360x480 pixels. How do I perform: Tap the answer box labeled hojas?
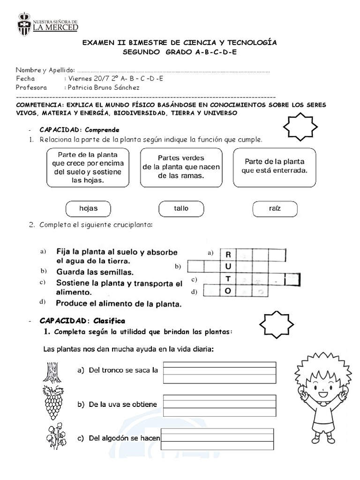pos(88,209)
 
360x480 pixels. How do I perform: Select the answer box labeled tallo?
pos(181,209)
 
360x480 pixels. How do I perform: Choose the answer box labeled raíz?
pos(275,209)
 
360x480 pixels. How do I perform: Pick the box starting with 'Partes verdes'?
pos(181,167)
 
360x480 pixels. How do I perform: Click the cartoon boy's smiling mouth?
pos(323,395)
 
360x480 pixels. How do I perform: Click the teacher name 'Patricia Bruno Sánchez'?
pos(103,88)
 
